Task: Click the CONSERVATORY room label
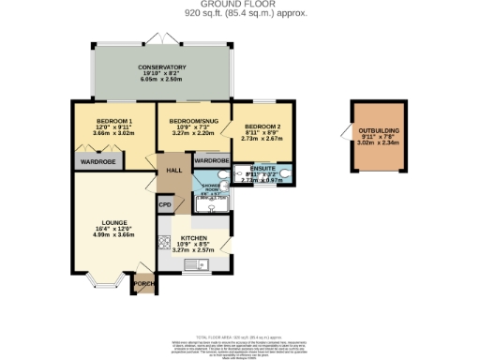pyautogui.click(x=161, y=67)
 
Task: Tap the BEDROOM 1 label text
pyautogui.click(x=114, y=121)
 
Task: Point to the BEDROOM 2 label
pyautogui.click(x=256, y=126)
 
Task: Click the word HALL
pyautogui.click(x=174, y=170)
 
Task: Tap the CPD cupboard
pyautogui.click(x=165, y=205)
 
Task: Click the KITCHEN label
pyautogui.click(x=194, y=239)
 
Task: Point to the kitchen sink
pyautogui.click(x=198, y=266)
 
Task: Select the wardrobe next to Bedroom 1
pyautogui.click(x=97, y=162)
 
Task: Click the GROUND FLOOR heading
pyautogui.click(x=240, y=5)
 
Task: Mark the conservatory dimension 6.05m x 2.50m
pyautogui.click(x=161, y=81)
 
